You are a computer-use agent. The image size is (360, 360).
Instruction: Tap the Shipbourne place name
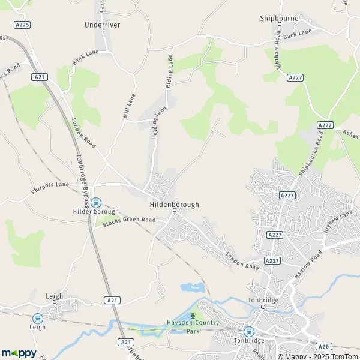pos(279,19)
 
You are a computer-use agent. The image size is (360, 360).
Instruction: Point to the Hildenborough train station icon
pos(96,203)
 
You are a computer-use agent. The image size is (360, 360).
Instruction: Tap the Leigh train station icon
pos(38,319)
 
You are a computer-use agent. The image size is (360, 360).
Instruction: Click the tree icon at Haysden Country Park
pos(193,315)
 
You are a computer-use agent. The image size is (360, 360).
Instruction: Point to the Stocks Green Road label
pos(128,221)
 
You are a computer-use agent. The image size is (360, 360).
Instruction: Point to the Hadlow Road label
pos(308,263)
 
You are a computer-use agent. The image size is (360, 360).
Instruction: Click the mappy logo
pos(19,353)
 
